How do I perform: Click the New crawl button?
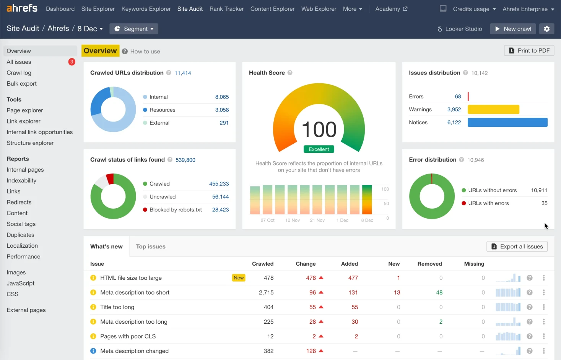click(513, 29)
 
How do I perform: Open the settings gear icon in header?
click(546, 29)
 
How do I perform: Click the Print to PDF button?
click(529, 51)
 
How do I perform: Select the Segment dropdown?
click(134, 29)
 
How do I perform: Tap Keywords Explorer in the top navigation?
click(146, 9)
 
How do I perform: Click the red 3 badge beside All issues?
click(72, 62)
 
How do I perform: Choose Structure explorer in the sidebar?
click(30, 143)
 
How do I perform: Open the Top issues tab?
click(151, 246)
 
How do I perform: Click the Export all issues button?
click(517, 246)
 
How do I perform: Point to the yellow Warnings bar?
click(493, 110)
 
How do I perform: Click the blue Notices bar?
click(507, 122)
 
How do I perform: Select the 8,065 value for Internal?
click(222, 97)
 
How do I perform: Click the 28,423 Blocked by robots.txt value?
click(220, 210)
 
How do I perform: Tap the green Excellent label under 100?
click(319, 149)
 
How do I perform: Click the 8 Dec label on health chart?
click(367, 221)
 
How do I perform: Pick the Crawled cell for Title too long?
click(268, 307)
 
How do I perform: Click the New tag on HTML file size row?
click(239, 278)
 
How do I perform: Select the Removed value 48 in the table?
click(439, 293)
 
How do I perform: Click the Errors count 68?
click(458, 97)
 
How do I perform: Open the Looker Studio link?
click(460, 29)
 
